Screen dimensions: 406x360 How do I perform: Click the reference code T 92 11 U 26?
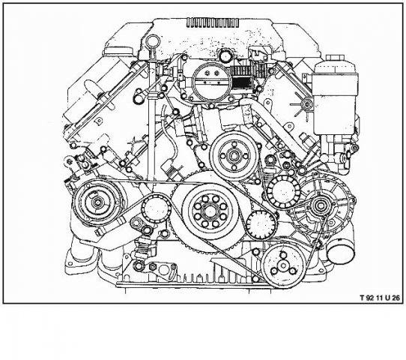(x=380, y=298)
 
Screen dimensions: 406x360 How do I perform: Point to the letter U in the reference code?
(x=387, y=298)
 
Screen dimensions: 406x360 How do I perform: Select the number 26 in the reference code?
(x=396, y=298)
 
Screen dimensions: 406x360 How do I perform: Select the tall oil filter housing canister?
(x=336, y=99)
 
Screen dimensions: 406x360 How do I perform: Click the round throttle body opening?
(x=211, y=82)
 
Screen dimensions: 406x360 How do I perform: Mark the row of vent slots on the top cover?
(x=212, y=22)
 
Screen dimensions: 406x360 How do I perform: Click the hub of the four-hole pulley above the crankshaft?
(x=234, y=156)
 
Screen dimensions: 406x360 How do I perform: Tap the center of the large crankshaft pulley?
(x=209, y=211)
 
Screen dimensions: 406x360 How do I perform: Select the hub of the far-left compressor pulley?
(x=97, y=202)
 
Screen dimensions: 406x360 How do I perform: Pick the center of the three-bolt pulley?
(x=282, y=265)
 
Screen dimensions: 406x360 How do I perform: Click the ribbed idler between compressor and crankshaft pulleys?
(x=156, y=209)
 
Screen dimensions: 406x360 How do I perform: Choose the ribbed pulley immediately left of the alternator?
(x=284, y=191)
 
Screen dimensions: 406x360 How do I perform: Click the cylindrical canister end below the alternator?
(x=340, y=250)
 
